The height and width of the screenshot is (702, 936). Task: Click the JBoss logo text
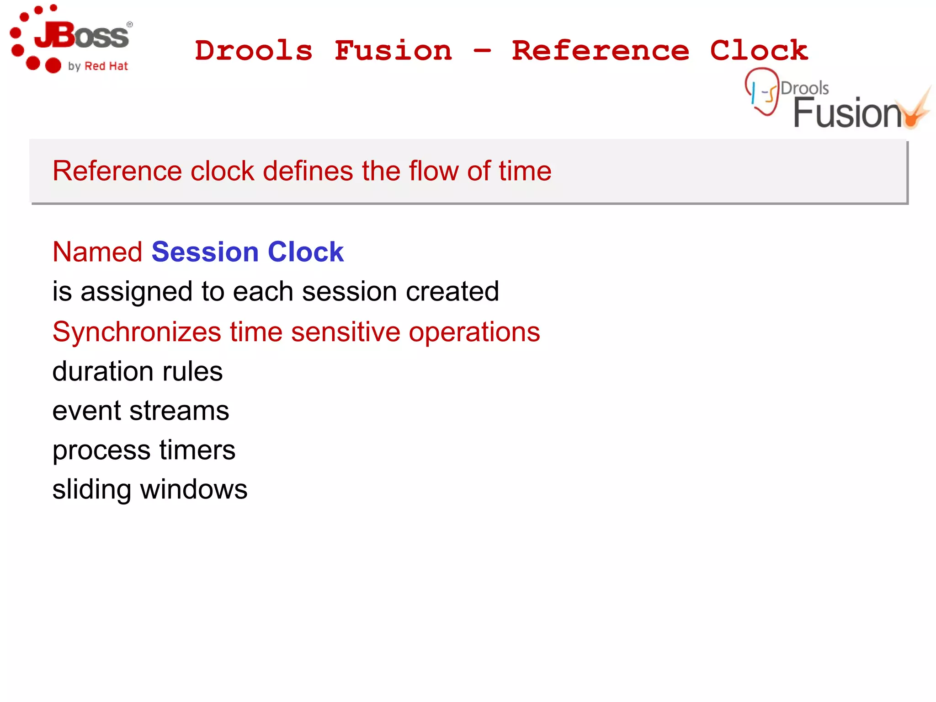(82, 36)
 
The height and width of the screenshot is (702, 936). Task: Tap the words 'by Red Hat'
(98, 66)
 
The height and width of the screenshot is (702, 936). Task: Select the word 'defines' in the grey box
(308, 171)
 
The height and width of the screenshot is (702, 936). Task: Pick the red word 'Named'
(97, 252)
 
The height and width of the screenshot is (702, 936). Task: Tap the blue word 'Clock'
(305, 252)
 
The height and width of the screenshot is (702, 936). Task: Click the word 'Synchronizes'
(137, 332)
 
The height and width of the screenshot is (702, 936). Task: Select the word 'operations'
(474, 332)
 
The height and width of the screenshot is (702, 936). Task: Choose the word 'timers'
(197, 450)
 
